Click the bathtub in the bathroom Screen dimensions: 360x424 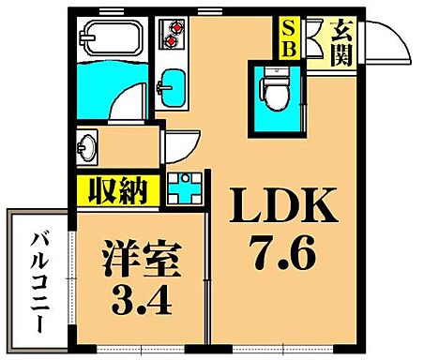pos(112,39)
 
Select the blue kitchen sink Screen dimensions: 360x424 pos(171,86)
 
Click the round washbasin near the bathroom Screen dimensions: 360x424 pos(88,148)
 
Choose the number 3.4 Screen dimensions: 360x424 pos(138,301)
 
